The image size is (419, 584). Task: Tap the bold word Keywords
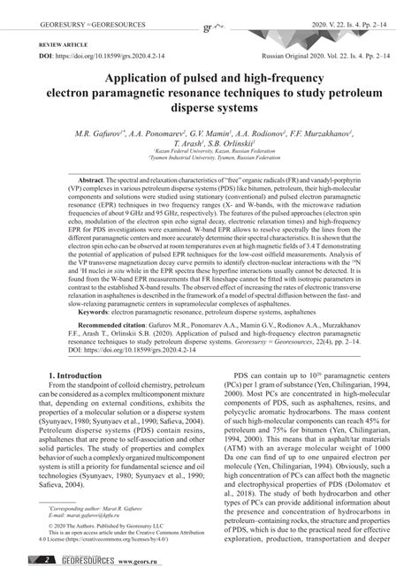click(99, 312)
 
